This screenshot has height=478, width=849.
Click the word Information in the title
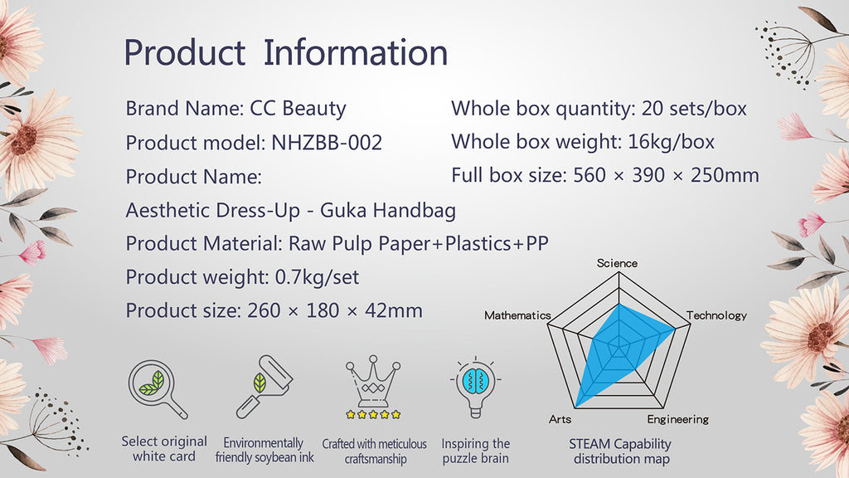355,52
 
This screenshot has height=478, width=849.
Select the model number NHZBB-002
327,143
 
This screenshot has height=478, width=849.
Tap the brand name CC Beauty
298,109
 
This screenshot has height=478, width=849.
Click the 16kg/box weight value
671,142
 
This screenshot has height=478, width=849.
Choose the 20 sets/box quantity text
694,109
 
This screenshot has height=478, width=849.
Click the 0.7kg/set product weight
317,277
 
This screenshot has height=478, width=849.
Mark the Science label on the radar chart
617,263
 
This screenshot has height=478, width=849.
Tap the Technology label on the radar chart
716,315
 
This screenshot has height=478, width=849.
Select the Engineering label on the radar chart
678,419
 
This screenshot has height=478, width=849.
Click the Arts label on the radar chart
560,419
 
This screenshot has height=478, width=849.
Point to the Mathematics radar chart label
517,315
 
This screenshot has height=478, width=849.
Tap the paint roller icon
264,387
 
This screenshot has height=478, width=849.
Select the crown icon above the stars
373,381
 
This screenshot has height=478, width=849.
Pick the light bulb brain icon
475,388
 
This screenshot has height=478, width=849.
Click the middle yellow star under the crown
373,415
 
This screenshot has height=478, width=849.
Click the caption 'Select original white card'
164,449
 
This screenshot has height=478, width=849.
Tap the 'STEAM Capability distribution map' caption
620,451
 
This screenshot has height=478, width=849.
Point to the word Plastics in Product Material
478,243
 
